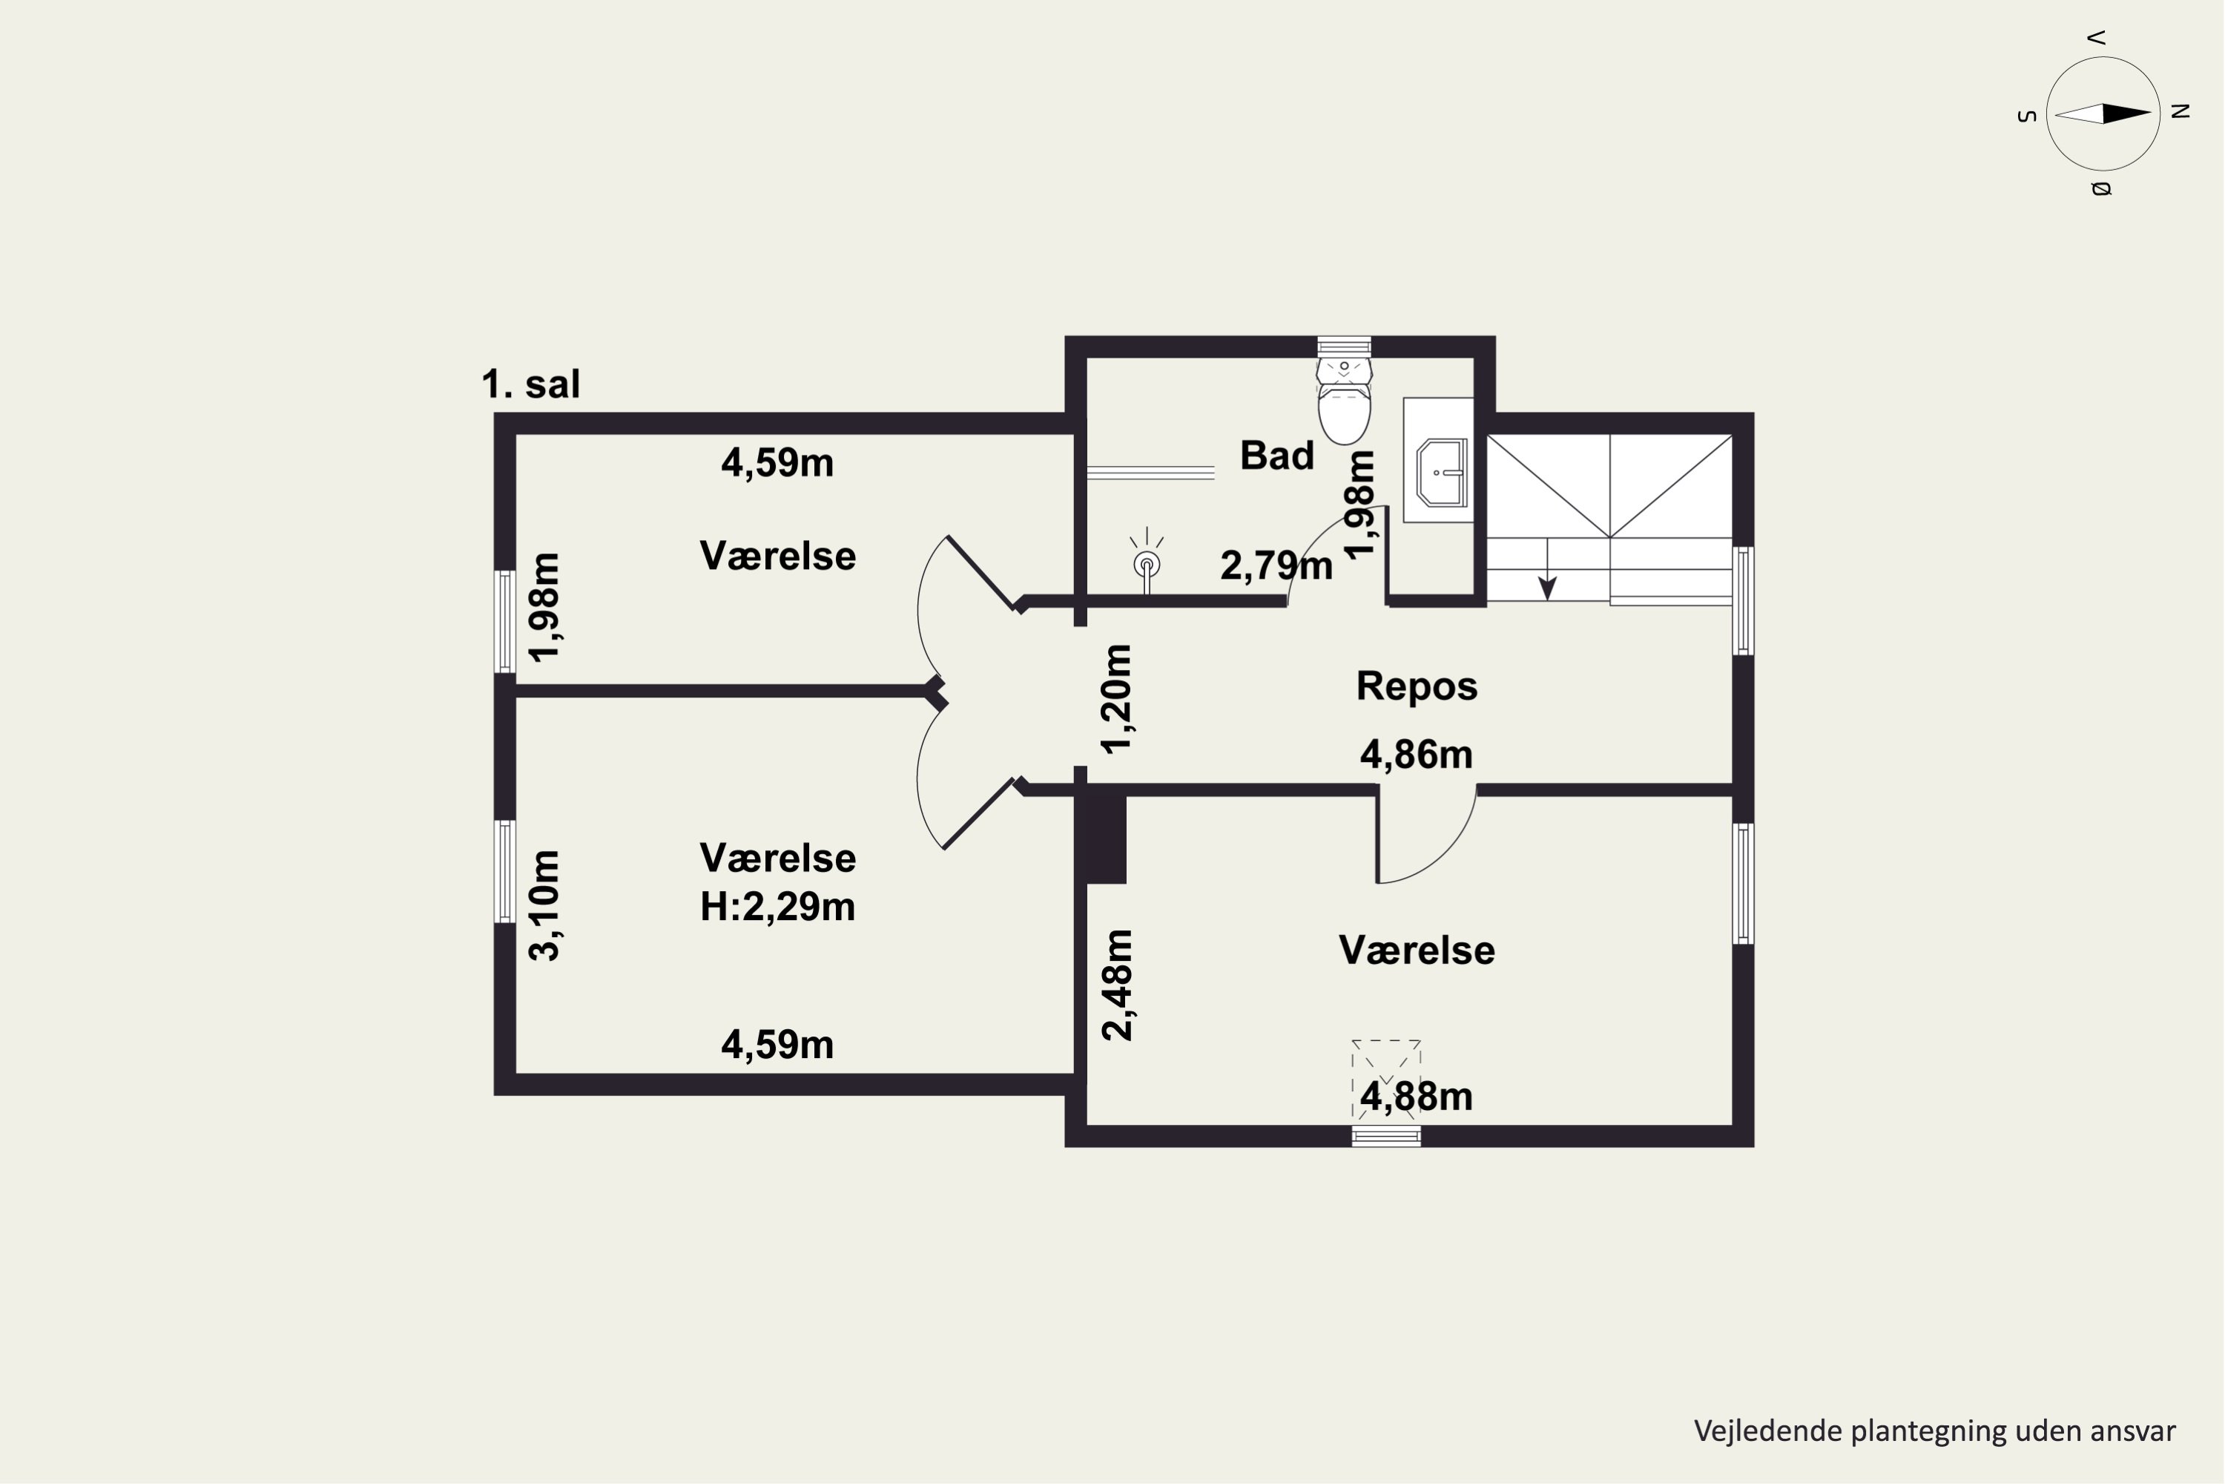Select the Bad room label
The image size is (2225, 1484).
coord(1277,456)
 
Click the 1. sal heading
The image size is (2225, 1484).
coord(531,384)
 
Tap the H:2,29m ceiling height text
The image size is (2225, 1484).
coord(777,907)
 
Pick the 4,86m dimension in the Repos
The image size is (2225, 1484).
coord(1416,755)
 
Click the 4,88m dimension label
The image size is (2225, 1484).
coord(1416,1096)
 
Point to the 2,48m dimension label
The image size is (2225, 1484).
coord(1117,985)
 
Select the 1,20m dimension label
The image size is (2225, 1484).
coord(1117,698)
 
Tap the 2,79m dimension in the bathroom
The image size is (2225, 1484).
coord(1276,566)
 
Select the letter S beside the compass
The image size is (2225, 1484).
coord(2026,116)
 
